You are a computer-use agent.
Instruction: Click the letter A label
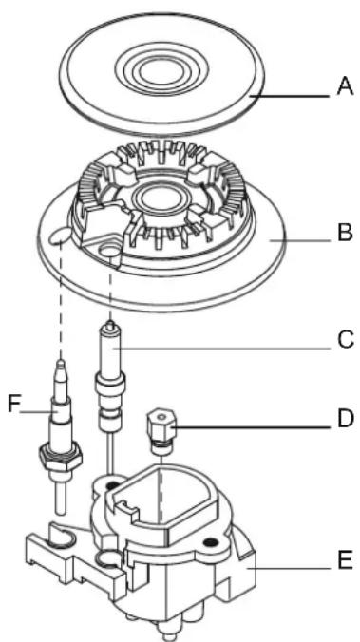coord(345,86)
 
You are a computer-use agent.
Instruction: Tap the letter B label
coord(345,232)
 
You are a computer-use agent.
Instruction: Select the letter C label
coord(346,339)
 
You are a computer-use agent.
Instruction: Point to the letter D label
coord(345,419)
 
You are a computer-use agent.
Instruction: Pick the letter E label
coord(345,559)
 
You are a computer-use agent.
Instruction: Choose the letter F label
coord(14,405)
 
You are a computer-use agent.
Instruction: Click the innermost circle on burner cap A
coord(161,73)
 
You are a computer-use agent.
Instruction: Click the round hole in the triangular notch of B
coord(110,250)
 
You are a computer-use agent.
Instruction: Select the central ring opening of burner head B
coord(158,199)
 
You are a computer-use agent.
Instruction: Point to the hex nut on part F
coord(60,456)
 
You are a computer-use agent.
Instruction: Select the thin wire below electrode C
coord(109,453)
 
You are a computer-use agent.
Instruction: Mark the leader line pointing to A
coord(289,96)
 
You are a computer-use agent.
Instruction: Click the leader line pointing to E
coord(290,568)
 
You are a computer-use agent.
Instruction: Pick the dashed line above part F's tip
coord(61,300)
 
